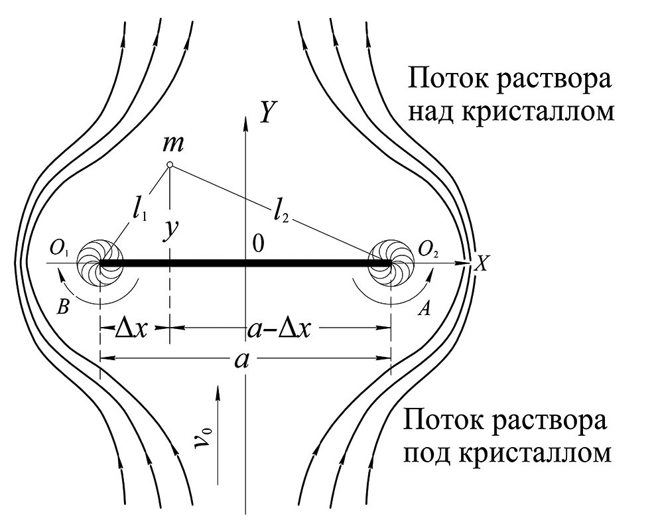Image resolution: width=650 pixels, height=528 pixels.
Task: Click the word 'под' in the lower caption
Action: tap(434, 453)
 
